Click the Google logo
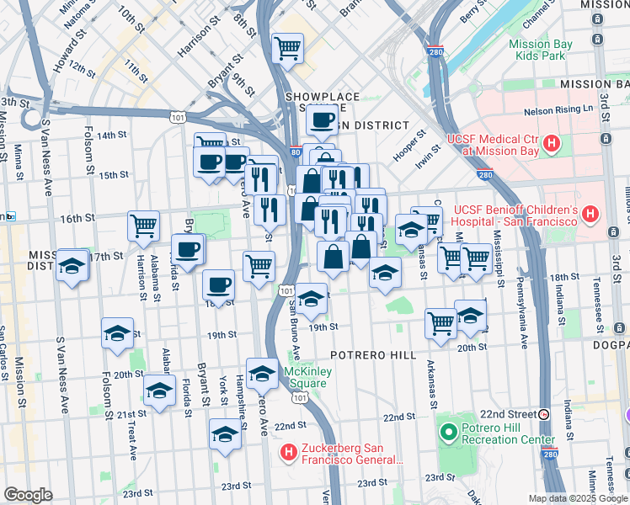28,495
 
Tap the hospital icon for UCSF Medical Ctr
551,144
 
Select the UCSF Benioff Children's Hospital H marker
591,215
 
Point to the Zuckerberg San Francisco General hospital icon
289,453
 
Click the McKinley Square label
309,378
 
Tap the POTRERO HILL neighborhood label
375,355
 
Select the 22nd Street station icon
544,414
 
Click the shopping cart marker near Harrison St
143,225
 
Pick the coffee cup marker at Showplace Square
322,120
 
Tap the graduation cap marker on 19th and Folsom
117,332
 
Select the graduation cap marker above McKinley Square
263,372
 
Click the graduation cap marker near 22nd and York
225,433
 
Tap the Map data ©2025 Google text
577,498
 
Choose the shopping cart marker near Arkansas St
440,322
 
